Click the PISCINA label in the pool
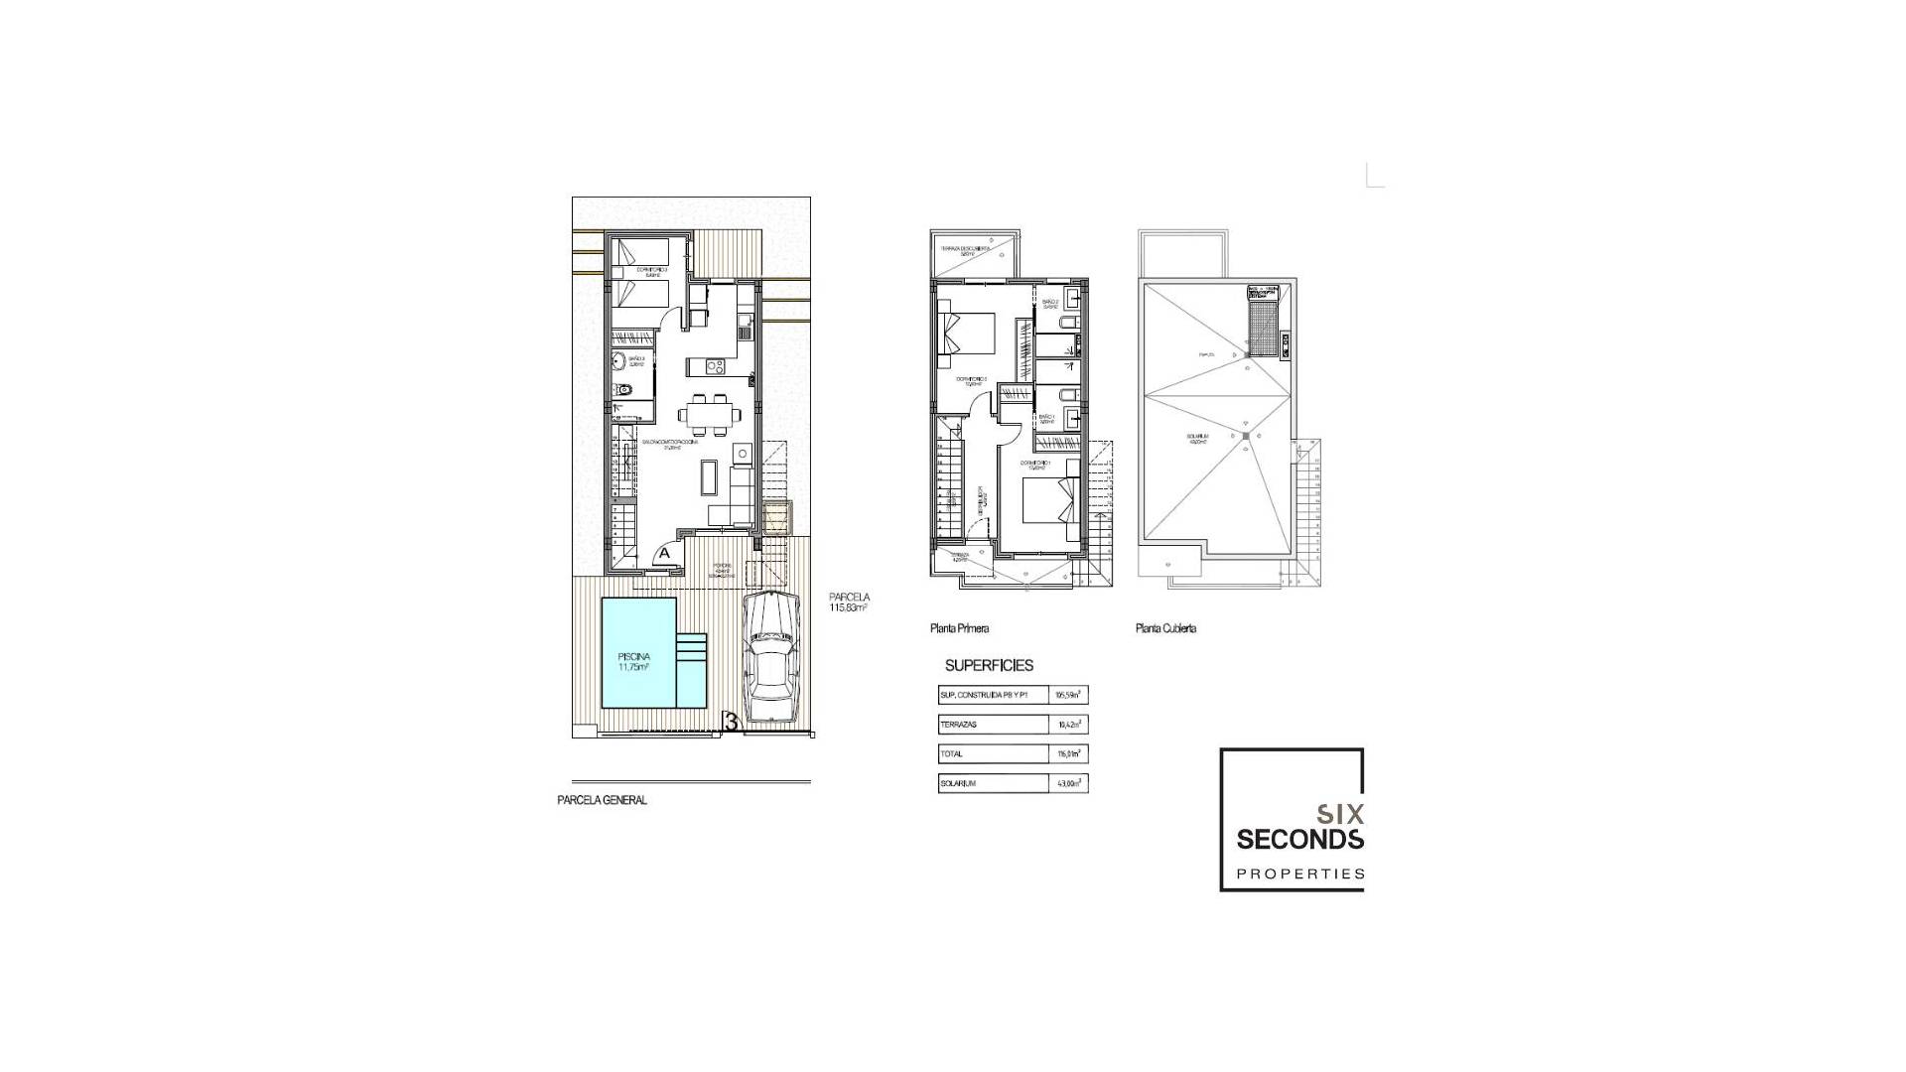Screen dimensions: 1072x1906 pos(633,657)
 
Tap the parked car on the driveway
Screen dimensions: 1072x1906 pos(771,658)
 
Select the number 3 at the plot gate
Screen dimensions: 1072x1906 pos(731,724)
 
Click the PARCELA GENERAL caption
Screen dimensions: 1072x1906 pos(602,800)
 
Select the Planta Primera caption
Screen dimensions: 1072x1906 pos(959,628)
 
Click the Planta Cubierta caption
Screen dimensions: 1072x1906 pos(1165,628)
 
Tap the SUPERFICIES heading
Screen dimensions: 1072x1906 pos(989,666)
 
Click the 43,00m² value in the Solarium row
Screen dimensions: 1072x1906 pos(1068,783)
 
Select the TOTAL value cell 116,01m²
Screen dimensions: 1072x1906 pos(1068,753)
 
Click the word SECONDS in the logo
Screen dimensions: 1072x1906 pos(1299,840)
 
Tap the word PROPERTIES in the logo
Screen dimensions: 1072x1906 pos(1299,874)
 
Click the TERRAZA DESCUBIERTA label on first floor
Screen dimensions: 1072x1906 pos(966,249)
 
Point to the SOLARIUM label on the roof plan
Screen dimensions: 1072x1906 pos(1196,437)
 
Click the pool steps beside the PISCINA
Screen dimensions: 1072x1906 pos(692,649)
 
